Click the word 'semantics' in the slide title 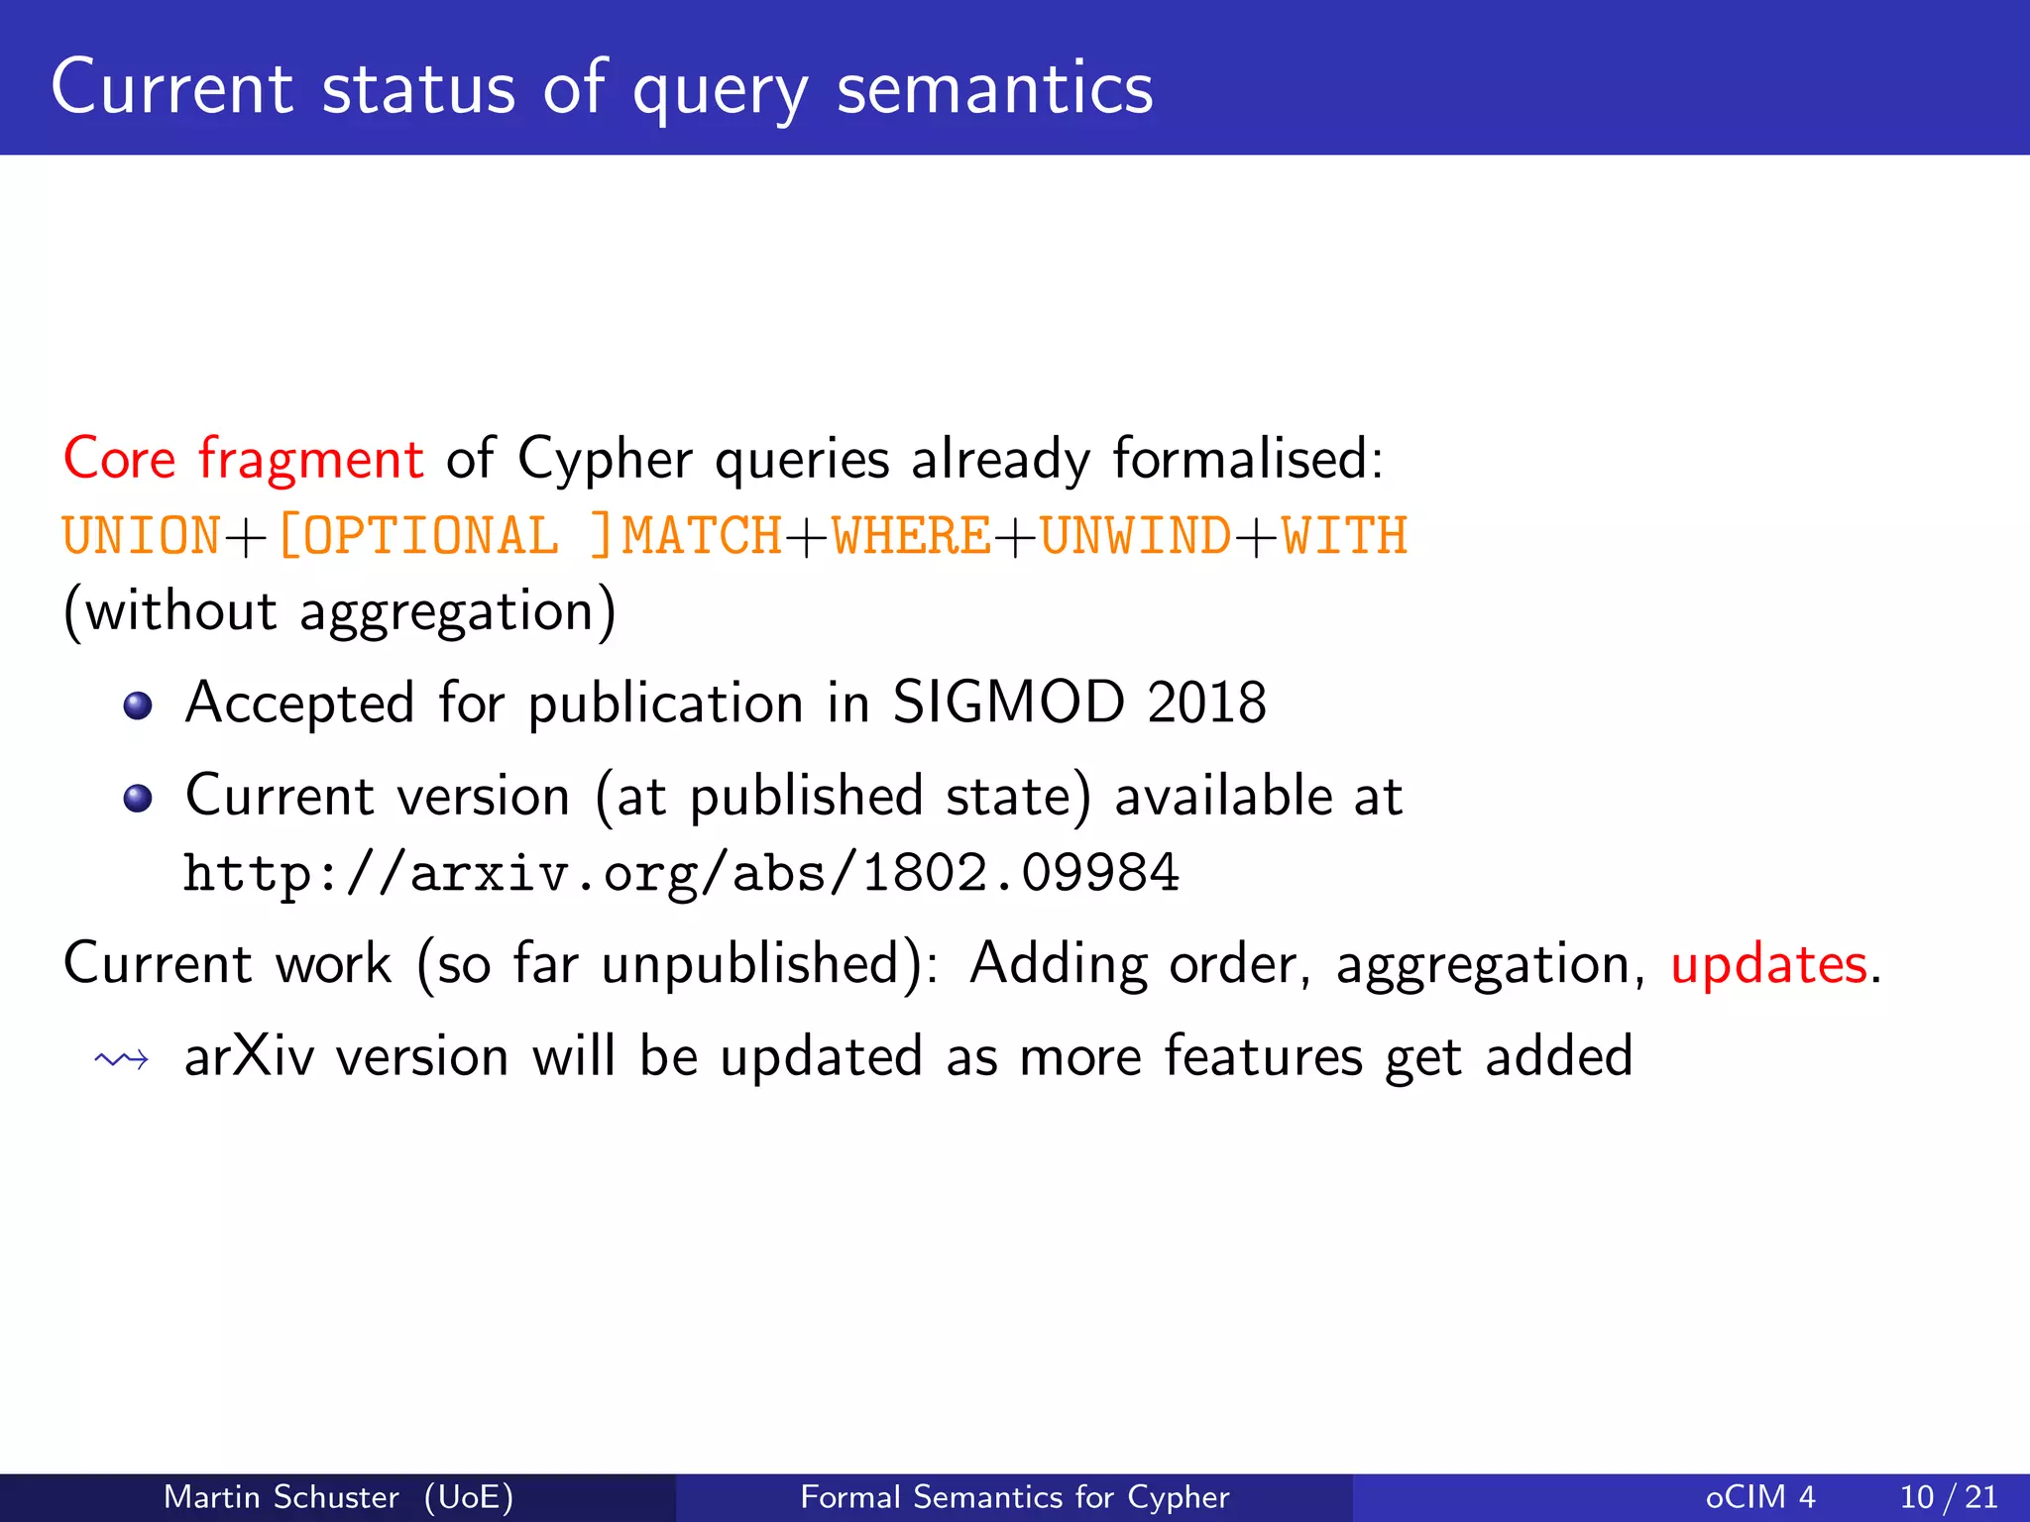pyautogui.click(x=994, y=89)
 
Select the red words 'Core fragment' pyautogui.click(x=243, y=459)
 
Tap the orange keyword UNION pyautogui.click(x=141, y=536)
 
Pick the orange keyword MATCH pyautogui.click(x=702, y=536)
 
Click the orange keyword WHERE pyautogui.click(x=911, y=536)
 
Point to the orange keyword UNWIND pyautogui.click(x=1135, y=536)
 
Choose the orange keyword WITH pyautogui.click(x=1344, y=536)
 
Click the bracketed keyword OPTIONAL pyautogui.click(x=428, y=536)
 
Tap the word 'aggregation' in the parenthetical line pyautogui.click(x=446, y=611)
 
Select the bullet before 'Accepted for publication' pyautogui.click(x=138, y=706)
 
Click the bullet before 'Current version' pyautogui.click(x=138, y=798)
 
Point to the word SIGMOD pyautogui.click(x=1008, y=703)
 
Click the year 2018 pyautogui.click(x=1206, y=703)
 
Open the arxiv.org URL pyautogui.click(x=681, y=874)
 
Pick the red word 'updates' pyautogui.click(x=1768, y=964)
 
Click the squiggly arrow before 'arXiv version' pyautogui.click(x=122, y=1060)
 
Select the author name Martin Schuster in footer pyautogui.click(x=282, y=1496)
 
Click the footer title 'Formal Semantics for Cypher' pyautogui.click(x=1014, y=1496)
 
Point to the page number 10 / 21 pyautogui.click(x=1948, y=1496)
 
